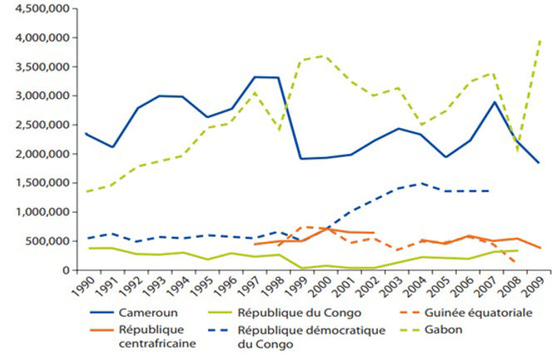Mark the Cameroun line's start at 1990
pyautogui.click(x=86, y=133)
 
